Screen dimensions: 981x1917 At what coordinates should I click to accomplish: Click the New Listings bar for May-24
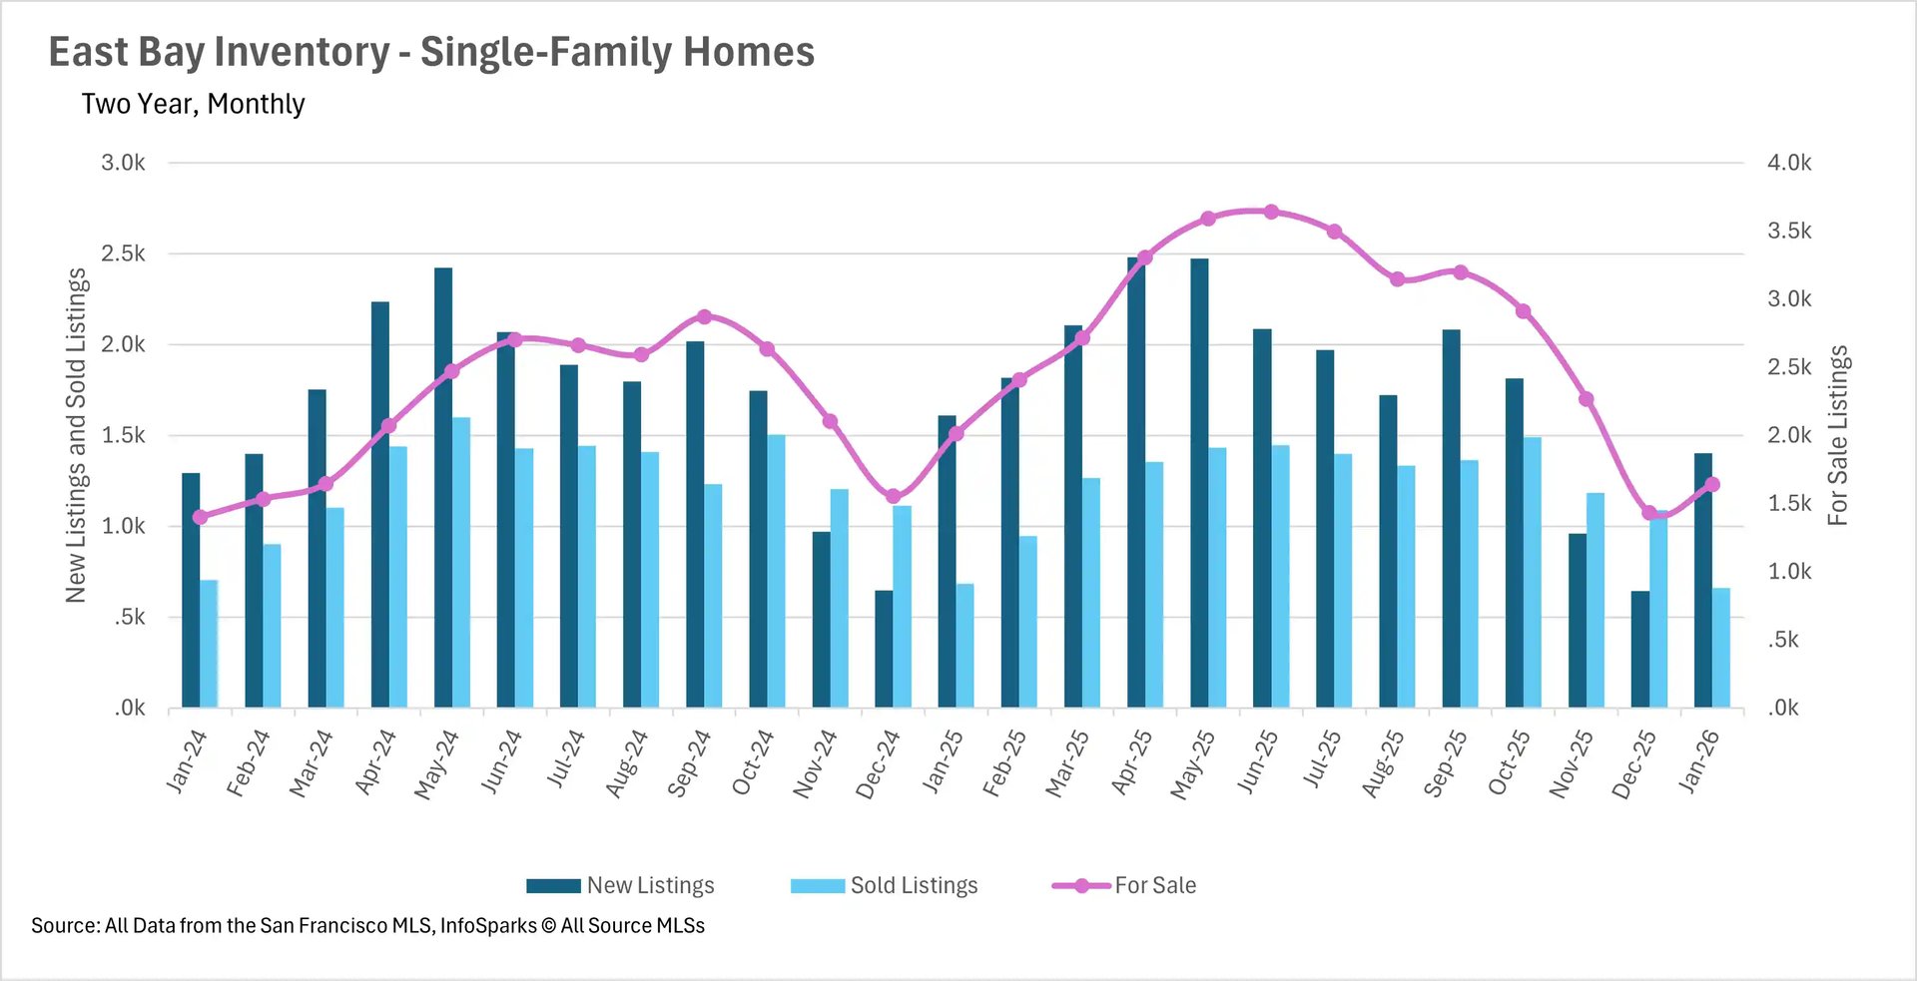pyautogui.click(x=443, y=489)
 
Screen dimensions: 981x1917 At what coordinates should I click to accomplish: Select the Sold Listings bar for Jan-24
pyautogui.click(x=209, y=644)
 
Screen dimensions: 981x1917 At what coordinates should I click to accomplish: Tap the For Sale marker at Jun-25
pyautogui.click(x=1271, y=212)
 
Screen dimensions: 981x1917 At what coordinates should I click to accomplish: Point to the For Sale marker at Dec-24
pyautogui.click(x=894, y=496)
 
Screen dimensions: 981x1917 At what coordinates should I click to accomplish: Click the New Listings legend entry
pyautogui.click(x=621, y=885)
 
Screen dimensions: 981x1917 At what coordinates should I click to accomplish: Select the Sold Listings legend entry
pyautogui.click(x=885, y=885)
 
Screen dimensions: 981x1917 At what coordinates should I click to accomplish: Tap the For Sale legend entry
pyautogui.click(x=1124, y=885)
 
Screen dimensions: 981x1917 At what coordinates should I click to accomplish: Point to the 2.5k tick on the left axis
pyautogui.click(x=123, y=253)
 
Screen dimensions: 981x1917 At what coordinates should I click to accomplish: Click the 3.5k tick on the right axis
pyautogui.click(x=1788, y=231)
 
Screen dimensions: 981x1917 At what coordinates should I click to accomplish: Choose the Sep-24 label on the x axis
pyautogui.click(x=689, y=763)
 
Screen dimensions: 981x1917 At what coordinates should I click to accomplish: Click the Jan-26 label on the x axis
pyautogui.click(x=1698, y=761)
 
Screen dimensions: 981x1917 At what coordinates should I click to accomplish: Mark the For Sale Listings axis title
pyautogui.click(x=1838, y=435)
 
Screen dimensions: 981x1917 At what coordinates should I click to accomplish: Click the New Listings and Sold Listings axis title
pyautogui.click(x=76, y=435)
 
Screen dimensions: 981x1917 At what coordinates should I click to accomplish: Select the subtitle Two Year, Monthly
pyautogui.click(x=193, y=104)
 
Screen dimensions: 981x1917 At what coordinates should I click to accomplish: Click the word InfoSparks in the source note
pyautogui.click(x=488, y=925)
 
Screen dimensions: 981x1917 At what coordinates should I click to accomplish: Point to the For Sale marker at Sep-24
pyautogui.click(x=704, y=316)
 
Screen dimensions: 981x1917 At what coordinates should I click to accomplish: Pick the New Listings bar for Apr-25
pyautogui.click(x=1136, y=484)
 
